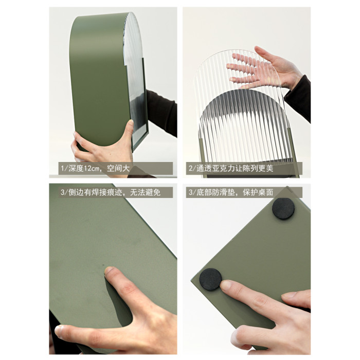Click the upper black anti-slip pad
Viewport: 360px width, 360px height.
coord(283,208)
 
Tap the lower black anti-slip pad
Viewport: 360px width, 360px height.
coord(210,279)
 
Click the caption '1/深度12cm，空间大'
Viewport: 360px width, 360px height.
coord(95,169)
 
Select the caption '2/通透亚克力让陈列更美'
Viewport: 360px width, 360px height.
coord(231,169)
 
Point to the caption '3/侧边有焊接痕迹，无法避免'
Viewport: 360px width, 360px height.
coord(111,192)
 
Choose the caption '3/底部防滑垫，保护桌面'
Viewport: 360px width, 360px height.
coord(231,192)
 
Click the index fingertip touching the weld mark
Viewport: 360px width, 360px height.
coord(110,271)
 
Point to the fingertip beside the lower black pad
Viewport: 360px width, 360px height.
coord(227,285)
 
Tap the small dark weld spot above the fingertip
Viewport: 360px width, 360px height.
coord(103,264)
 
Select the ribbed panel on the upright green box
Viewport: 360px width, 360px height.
coord(135,80)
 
